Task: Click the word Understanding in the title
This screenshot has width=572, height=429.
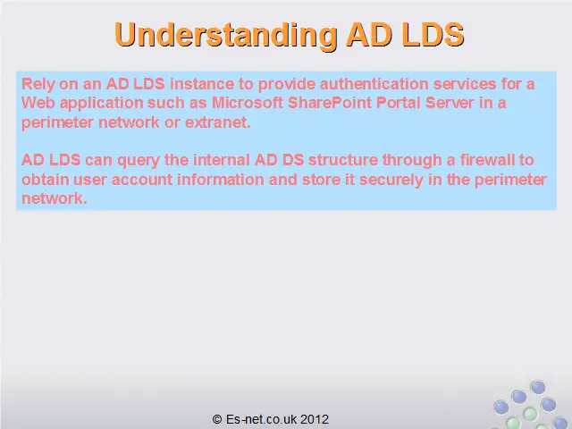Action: [x=226, y=36]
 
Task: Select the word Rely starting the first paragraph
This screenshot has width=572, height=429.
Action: [x=38, y=85]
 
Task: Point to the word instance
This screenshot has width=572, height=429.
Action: [x=202, y=84]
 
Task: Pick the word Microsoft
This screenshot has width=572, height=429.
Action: [x=247, y=103]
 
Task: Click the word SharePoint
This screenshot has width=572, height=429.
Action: [x=330, y=103]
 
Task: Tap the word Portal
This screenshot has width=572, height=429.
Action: [x=398, y=103]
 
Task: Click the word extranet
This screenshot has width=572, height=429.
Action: [x=218, y=122]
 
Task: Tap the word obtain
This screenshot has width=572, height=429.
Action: [x=46, y=180]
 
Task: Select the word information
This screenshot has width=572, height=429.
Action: [x=221, y=180]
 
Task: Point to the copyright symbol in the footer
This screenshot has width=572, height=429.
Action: [x=217, y=419]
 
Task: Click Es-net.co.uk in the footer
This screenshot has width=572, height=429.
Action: [x=261, y=419]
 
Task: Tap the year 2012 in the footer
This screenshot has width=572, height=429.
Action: [x=315, y=419]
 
